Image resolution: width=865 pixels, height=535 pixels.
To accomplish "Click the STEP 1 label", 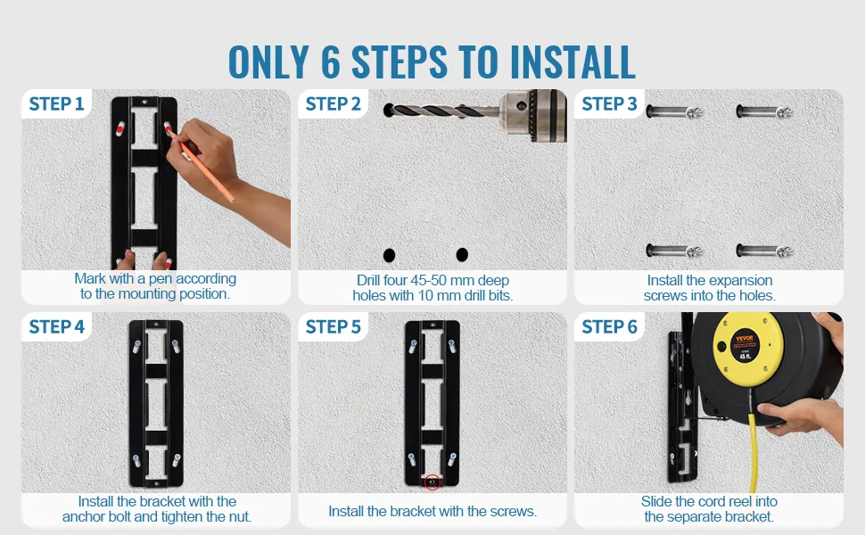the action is pyautogui.click(x=56, y=103).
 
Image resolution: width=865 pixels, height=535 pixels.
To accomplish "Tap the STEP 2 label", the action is pyautogui.click(x=334, y=103).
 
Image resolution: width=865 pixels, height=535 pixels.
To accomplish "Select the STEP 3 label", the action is pyautogui.click(x=610, y=103).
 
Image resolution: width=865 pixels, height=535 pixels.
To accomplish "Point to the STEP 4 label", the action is pyautogui.click(x=56, y=326).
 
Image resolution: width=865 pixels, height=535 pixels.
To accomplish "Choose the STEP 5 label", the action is pyautogui.click(x=334, y=326).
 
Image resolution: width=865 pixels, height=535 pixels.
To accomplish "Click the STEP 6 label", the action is pyautogui.click(x=610, y=326).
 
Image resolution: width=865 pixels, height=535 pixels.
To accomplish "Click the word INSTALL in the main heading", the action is pyautogui.click(x=573, y=62).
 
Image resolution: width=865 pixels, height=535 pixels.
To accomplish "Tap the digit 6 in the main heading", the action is pyautogui.click(x=331, y=62).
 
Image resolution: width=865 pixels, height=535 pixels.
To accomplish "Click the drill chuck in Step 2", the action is pyautogui.click(x=534, y=115).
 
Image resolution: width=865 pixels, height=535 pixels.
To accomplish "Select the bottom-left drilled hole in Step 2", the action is pyautogui.click(x=389, y=255).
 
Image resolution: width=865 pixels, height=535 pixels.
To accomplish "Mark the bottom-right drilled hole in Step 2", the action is pyautogui.click(x=462, y=254).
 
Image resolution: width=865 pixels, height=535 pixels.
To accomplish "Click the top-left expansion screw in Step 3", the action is pyautogui.click(x=674, y=112).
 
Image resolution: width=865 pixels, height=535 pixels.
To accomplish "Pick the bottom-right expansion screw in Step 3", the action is pyautogui.click(x=764, y=251).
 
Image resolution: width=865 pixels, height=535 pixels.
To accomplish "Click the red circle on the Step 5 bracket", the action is pyautogui.click(x=432, y=482).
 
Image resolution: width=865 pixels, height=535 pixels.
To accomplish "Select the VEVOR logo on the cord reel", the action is pyautogui.click(x=745, y=338).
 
